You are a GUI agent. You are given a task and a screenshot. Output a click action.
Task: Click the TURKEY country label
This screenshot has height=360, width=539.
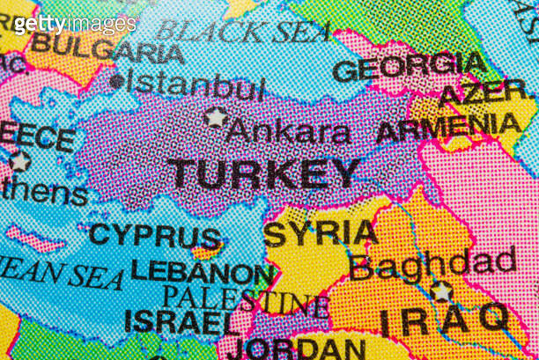(x=263, y=173)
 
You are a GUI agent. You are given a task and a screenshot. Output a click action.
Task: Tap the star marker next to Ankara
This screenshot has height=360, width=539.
(x=214, y=116)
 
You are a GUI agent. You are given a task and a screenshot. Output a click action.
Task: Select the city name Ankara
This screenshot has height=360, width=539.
(x=288, y=132)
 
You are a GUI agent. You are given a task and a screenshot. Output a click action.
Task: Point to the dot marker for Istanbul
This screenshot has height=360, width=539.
(x=116, y=82)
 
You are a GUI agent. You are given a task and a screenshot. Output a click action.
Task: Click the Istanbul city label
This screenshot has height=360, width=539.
(x=196, y=86)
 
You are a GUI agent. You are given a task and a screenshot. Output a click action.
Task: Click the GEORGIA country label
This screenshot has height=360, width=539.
(x=409, y=67)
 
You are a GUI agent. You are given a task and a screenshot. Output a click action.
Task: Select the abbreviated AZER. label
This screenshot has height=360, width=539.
(x=485, y=92)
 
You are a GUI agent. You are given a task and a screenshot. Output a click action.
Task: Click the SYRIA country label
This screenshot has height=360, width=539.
(x=321, y=233)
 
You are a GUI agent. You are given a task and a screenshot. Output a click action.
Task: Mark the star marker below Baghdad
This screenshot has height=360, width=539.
(x=441, y=291)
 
